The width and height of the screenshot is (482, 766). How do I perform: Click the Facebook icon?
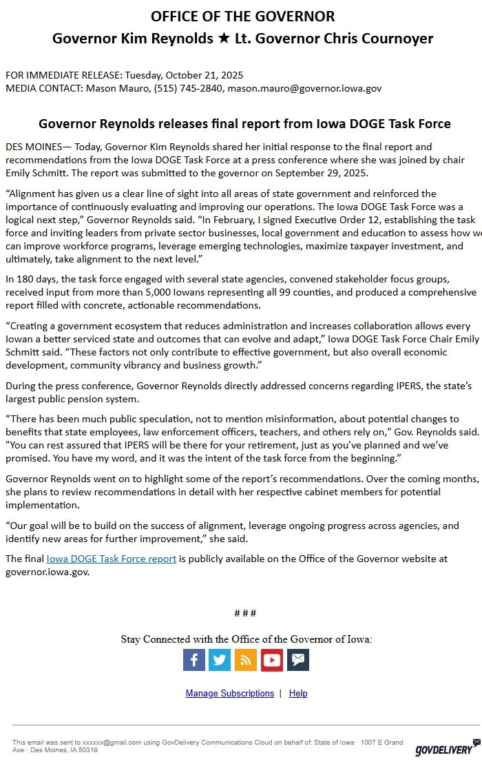click(194, 660)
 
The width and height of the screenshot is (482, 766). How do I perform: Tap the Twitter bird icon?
click(220, 660)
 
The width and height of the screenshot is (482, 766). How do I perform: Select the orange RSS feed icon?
click(246, 660)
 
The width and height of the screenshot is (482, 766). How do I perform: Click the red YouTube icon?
click(272, 660)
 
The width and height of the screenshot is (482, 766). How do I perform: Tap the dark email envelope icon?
click(298, 660)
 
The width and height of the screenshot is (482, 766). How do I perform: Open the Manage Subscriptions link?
click(229, 693)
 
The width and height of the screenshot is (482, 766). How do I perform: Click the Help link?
click(298, 693)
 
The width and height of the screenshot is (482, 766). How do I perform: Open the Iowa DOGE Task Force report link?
click(112, 559)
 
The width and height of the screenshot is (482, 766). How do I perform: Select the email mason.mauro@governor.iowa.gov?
click(304, 88)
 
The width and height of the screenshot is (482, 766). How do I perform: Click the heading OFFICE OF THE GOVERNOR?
click(243, 17)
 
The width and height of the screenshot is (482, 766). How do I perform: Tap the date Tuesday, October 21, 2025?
click(181, 74)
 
